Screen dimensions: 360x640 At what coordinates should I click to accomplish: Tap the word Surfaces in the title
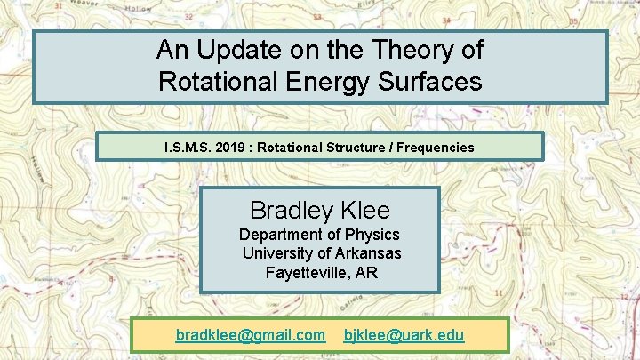click(429, 82)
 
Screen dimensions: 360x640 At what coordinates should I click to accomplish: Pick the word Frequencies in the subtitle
click(432, 147)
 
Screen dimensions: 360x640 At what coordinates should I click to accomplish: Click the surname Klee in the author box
click(367, 211)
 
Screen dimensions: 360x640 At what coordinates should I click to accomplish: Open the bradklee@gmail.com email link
click(251, 335)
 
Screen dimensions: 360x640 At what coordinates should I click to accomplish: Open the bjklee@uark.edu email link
click(404, 335)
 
